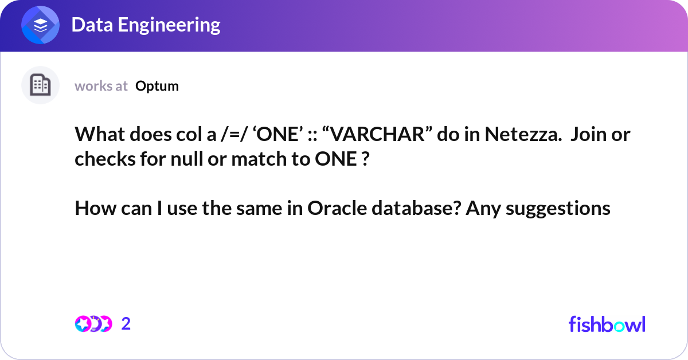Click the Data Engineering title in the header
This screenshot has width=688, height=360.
(146, 25)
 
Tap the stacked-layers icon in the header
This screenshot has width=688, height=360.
(41, 26)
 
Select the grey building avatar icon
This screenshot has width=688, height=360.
(40, 85)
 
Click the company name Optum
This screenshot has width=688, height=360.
(157, 86)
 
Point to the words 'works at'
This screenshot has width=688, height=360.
(101, 86)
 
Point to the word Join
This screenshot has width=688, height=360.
(591, 135)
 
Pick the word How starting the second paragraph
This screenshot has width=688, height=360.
(93, 209)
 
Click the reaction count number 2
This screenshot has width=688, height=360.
(126, 324)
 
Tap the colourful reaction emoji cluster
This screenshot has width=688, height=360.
(93, 324)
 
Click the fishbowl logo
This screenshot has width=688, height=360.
(607, 324)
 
